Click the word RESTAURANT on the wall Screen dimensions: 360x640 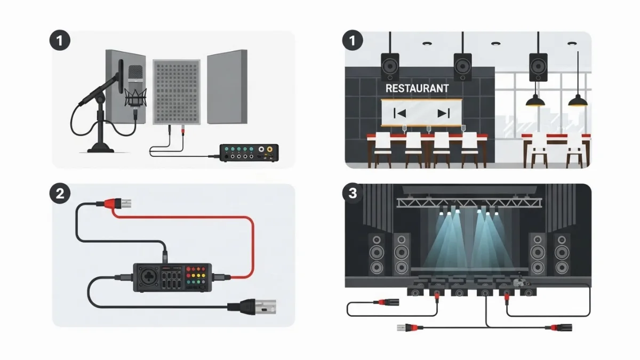click(x=417, y=88)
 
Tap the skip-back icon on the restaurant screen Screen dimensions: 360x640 click(x=399, y=113)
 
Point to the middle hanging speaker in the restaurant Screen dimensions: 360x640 click(x=462, y=67)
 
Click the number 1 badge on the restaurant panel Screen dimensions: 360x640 click(x=353, y=41)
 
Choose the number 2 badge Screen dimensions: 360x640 click(x=60, y=193)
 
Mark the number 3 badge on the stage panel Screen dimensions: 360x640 click(x=353, y=193)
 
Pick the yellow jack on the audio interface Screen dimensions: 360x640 click(x=270, y=149)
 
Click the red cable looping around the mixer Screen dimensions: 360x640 click(x=251, y=240)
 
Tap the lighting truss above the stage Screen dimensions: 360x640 click(x=469, y=202)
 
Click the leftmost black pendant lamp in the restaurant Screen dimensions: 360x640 click(x=534, y=100)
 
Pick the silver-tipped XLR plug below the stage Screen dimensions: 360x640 click(x=402, y=327)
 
